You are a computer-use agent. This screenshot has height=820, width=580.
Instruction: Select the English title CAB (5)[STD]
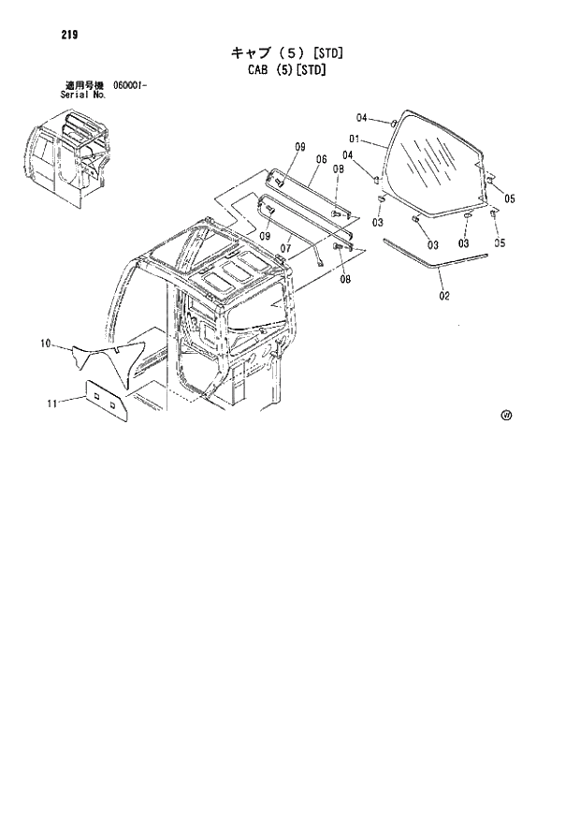point(280,67)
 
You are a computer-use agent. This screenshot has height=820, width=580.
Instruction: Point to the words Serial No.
point(81,95)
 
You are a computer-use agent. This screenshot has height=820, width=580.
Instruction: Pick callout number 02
point(442,297)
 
